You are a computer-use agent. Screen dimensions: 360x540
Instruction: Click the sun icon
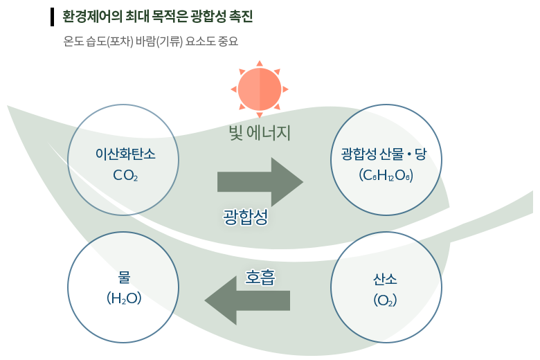(x=260, y=89)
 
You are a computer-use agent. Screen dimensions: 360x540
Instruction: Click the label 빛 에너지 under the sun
(x=260, y=132)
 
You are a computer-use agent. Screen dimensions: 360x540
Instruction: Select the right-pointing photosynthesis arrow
(x=260, y=182)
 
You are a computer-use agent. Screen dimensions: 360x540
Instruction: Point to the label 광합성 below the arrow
(x=245, y=217)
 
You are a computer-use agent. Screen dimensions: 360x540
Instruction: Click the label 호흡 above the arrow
(x=260, y=277)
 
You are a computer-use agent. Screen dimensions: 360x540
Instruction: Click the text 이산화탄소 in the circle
(x=125, y=154)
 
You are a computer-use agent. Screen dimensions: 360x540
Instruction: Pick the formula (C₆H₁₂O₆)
(x=386, y=176)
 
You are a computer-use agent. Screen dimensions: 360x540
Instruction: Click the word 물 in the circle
(x=125, y=278)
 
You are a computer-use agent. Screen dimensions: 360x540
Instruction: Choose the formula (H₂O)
(x=125, y=298)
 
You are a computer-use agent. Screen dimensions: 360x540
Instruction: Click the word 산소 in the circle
(x=385, y=279)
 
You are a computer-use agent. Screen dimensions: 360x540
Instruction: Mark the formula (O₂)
(x=385, y=300)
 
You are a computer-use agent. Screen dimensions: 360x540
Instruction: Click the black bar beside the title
(x=52, y=17)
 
